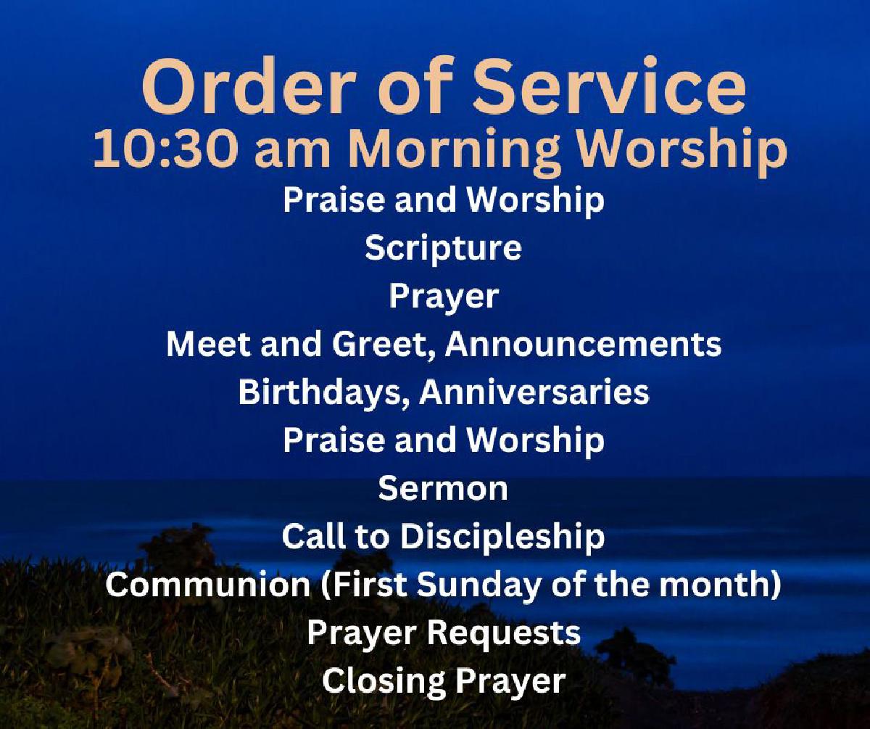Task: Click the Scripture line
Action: (x=443, y=248)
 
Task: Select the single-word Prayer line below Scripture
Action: (x=444, y=297)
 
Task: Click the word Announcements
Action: (x=583, y=345)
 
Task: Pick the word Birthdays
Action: (x=324, y=392)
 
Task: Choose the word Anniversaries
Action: (x=534, y=392)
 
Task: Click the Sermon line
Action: (x=443, y=488)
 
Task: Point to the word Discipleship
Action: (x=502, y=537)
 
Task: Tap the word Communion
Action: (x=207, y=584)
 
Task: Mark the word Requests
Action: (x=504, y=633)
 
